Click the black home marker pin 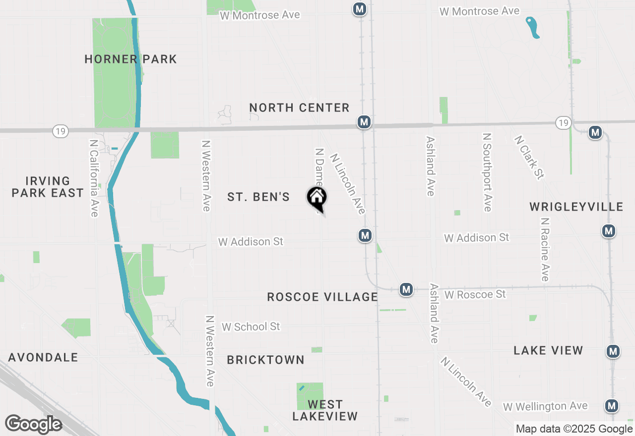point(317,198)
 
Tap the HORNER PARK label point(130,59)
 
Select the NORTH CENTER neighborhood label point(299,108)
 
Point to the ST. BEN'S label point(258,197)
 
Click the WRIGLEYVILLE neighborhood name point(576,207)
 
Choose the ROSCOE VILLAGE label point(322,297)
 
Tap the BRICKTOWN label point(265,360)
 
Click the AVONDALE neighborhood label point(43,357)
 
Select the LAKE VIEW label point(548,350)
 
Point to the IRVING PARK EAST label point(48,187)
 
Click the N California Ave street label point(94,177)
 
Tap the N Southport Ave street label point(487,172)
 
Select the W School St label point(251,327)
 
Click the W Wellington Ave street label point(545,406)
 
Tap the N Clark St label point(529,157)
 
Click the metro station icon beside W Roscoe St point(406,289)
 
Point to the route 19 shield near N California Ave point(61,131)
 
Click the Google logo point(33,424)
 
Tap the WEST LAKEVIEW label point(325,410)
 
